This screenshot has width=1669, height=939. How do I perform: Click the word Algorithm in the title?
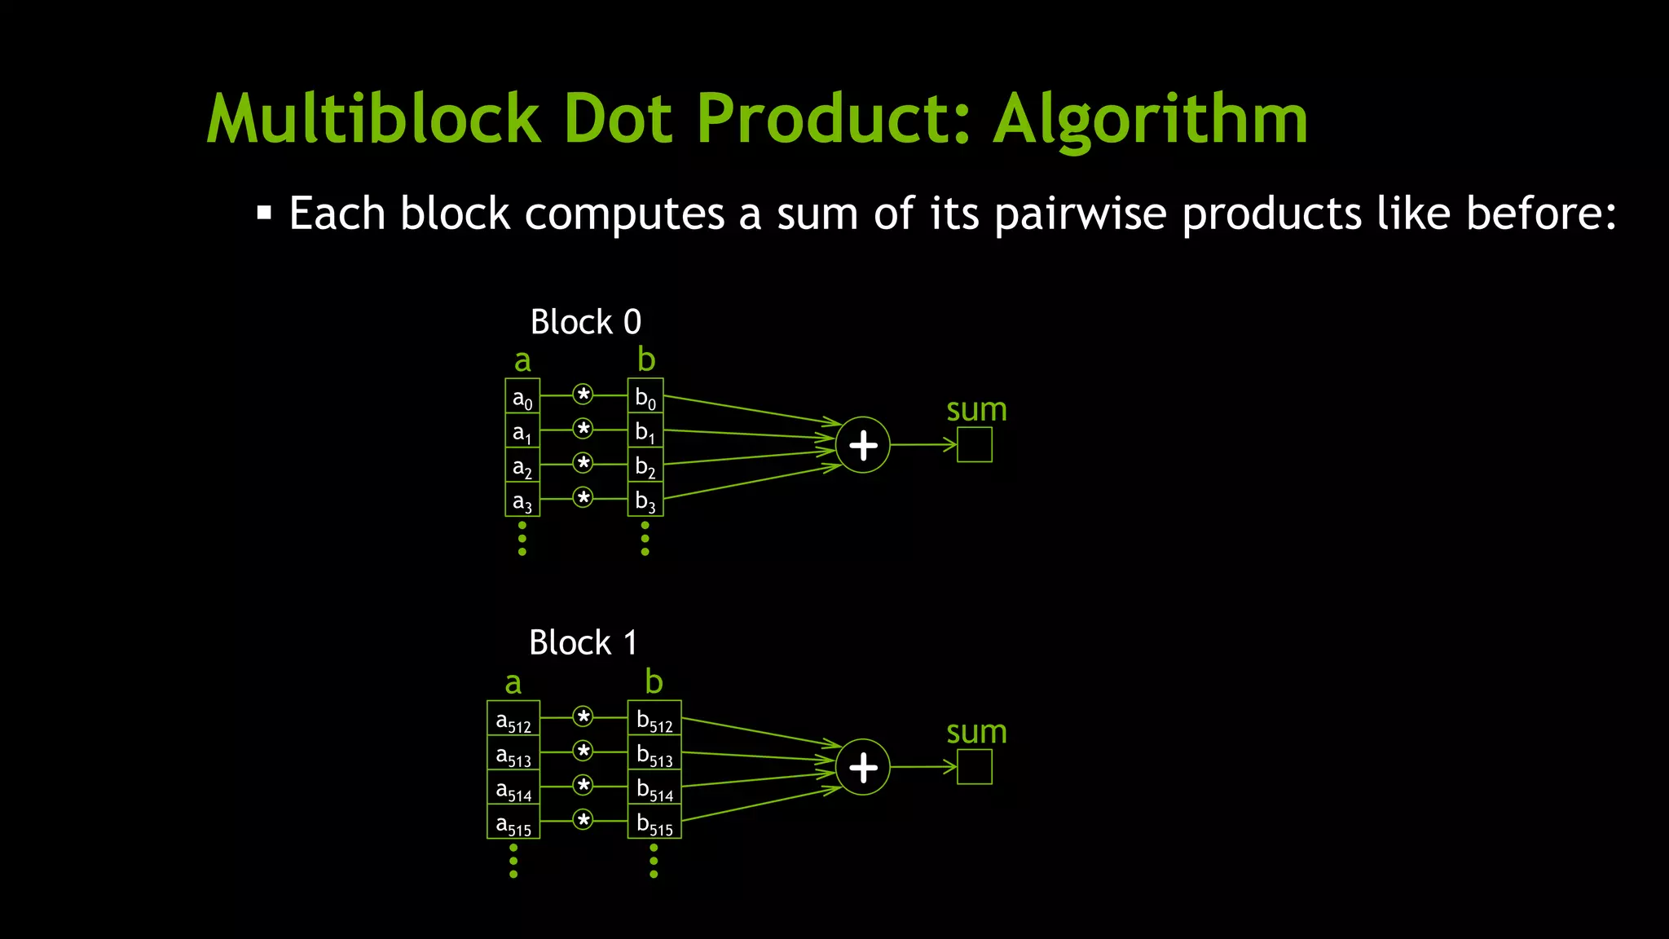1150,120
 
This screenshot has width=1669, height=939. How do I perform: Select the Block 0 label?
585,322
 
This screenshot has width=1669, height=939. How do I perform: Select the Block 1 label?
583,643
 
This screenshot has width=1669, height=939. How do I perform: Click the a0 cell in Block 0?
522,397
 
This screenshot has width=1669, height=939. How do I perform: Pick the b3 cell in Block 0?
645,500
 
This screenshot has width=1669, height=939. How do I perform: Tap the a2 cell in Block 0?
522,465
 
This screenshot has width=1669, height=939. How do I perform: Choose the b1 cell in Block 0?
645,431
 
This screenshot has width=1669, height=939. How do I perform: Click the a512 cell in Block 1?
513,719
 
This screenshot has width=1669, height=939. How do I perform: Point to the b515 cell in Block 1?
654,822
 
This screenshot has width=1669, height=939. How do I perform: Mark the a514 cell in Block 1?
513,787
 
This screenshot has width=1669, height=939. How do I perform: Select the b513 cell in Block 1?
654,753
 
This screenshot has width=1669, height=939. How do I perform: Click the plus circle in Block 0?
863,445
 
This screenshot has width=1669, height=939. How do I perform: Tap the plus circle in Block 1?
863,767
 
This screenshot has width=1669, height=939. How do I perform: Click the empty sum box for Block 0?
975,445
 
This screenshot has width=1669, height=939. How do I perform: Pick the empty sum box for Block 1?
975,767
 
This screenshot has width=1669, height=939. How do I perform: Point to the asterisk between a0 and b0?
583,395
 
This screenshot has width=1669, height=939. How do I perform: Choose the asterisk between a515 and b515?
583,820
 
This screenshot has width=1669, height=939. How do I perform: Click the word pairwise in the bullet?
1081,214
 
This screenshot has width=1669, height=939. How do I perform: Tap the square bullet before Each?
264,214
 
